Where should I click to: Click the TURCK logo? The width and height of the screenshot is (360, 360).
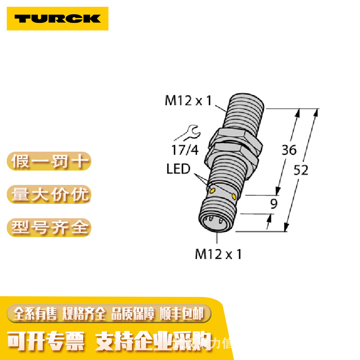(57, 18)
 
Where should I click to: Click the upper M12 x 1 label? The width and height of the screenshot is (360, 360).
(188, 100)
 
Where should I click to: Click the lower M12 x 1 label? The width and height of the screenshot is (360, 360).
(218, 254)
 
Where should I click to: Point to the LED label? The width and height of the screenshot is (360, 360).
(179, 170)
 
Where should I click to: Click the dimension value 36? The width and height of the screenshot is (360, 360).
(289, 150)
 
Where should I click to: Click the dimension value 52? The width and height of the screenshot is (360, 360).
(300, 171)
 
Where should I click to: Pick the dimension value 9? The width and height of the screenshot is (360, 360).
(273, 204)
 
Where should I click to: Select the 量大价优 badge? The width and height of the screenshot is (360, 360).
(49, 194)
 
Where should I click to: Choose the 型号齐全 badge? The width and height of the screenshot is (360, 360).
(49, 227)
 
